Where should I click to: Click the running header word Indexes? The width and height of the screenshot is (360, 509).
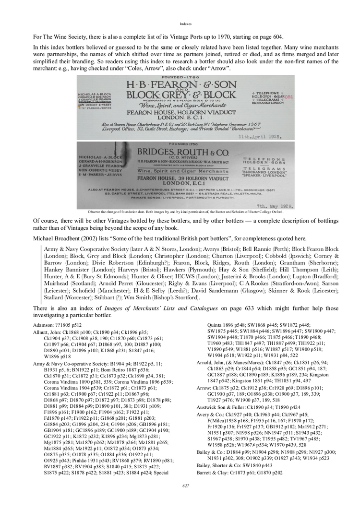pyautogui.click(x=186, y=23)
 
